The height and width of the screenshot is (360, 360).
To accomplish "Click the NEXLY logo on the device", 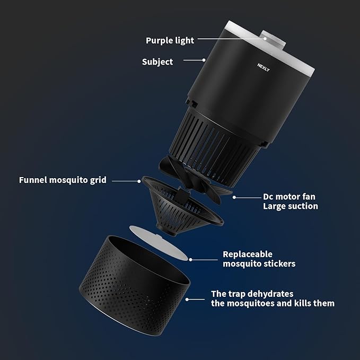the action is click(264, 67).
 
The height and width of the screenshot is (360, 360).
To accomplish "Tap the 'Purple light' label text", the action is click(170, 40).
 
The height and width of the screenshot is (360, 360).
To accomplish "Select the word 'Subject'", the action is click(157, 62).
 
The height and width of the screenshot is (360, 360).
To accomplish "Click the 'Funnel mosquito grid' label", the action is click(63, 180).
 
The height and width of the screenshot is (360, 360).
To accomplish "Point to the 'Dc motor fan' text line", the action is click(289, 197).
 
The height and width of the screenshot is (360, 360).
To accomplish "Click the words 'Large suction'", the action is click(291, 206).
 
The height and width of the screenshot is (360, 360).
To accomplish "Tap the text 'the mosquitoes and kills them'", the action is click(273, 303).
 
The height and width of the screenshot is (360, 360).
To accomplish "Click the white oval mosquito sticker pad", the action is click(159, 242).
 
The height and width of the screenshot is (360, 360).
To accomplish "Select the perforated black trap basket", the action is click(135, 285).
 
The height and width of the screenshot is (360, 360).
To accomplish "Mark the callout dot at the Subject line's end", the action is click(204, 60).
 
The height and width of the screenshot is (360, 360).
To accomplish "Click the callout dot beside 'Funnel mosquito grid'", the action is click(139, 181).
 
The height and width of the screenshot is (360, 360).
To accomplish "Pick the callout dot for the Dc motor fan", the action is click(234, 197).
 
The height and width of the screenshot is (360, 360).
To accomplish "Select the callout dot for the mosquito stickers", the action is click(190, 260).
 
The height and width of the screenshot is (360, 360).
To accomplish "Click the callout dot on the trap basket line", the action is click(187, 300).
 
